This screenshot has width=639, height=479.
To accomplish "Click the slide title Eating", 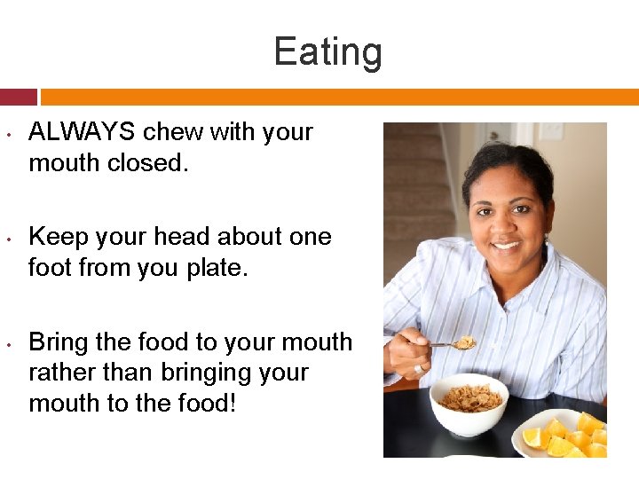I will click(327, 51).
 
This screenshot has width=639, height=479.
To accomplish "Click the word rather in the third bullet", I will click(58, 373).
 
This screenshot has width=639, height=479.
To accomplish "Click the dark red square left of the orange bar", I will click(19, 97).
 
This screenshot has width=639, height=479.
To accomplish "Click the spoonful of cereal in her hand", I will click(464, 342).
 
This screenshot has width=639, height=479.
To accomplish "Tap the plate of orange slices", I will click(564, 434).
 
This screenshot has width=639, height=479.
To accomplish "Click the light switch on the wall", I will click(551, 131).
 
